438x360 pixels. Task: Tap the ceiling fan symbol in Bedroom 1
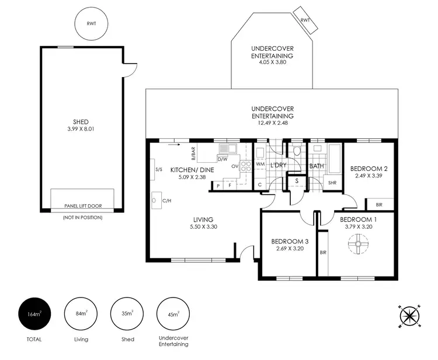coord(357,244)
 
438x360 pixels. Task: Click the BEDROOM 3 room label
coord(290,241)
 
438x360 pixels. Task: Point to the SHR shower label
coord(332,182)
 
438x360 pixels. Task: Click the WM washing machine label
coord(261,165)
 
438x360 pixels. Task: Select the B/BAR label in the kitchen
coord(193,153)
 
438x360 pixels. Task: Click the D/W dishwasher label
coord(222,159)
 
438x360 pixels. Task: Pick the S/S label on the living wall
coord(158,170)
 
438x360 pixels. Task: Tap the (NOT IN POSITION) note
coord(82,217)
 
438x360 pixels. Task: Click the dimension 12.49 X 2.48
coord(272,116)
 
